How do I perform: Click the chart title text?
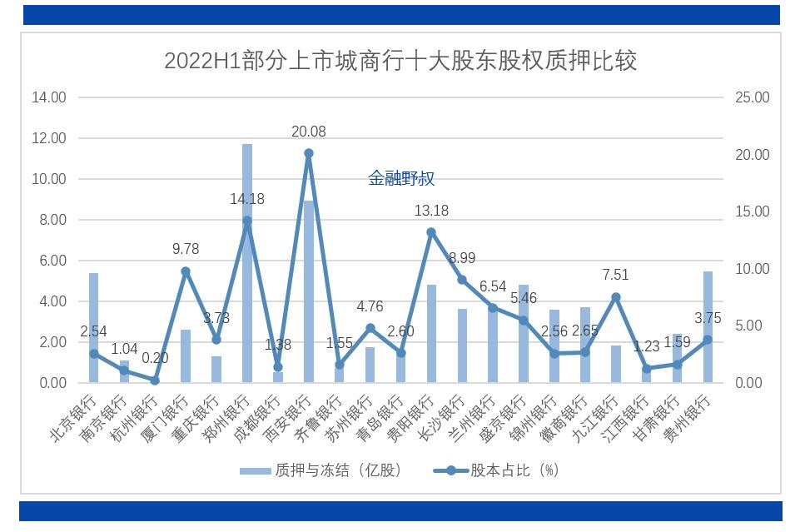[x=400, y=61]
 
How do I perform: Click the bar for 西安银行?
[x=309, y=291]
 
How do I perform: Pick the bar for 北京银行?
[x=94, y=328]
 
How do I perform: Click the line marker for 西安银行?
[x=309, y=153]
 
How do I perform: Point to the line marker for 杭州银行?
[x=155, y=380]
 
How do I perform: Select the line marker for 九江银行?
[x=616, y=297]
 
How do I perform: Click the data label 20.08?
[x=309, y=132]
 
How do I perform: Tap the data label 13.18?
[x=431, y=211]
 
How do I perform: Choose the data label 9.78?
[x=186, y=249]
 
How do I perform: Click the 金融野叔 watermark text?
[x=401, y=178]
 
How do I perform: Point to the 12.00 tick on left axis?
[x=49, y=138]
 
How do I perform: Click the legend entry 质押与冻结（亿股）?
[x=320, y=470]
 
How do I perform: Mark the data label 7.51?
[x=616, y=276]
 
